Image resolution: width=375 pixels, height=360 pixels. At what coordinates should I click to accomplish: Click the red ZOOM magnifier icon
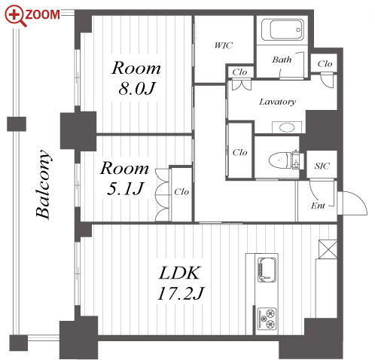(x=16, y=16)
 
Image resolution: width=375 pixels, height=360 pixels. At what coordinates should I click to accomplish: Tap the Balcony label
(x=43, y=185)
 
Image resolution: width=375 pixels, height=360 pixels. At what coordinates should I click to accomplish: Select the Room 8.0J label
(x=136, y=78)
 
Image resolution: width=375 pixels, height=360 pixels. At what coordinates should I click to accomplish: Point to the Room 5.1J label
(x=125, y=178)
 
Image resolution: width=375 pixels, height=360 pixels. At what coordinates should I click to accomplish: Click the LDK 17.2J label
(x=180, y=283)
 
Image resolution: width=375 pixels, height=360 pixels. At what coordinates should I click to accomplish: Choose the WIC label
(x=224, y=45)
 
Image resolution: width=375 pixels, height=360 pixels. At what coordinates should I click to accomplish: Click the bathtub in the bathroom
(x=282, y=30)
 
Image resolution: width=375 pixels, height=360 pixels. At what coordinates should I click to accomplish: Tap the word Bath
(x=282, y=59)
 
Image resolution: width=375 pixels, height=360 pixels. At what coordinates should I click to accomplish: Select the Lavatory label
(x=277, y=102)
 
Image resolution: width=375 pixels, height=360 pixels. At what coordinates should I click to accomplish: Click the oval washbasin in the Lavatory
(x=287, y=127)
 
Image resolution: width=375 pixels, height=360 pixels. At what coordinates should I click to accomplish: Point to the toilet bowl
(x=281, y=160)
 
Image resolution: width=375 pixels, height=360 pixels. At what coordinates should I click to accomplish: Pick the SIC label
(x=322, y=166)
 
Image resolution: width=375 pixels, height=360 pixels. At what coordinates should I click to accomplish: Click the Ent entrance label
(x=318, y=206)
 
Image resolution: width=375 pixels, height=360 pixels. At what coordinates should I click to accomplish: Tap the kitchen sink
(x=267, y=270)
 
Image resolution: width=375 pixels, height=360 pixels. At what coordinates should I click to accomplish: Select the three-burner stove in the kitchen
(x=267, y=319)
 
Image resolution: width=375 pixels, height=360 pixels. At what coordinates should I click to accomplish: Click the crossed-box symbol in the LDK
(x=328, y=249)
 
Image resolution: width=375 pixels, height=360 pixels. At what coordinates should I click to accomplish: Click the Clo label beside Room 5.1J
(x=181, y=192)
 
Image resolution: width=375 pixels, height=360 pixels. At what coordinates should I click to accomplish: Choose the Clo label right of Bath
(x=325, y=64)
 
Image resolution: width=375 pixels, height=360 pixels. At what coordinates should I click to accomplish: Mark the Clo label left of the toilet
(x=239, y=152)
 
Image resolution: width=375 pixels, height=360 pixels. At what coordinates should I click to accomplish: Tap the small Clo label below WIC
(x=239, y=72)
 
